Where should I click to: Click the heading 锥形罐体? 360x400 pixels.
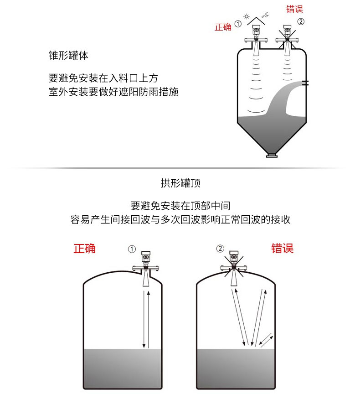pos(68,55)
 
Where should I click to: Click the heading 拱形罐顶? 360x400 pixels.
pos(180,183)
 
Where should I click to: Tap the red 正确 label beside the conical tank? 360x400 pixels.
pos(223,27)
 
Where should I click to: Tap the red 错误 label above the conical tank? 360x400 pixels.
pos(294,9)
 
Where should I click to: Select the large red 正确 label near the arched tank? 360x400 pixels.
pos(85,249)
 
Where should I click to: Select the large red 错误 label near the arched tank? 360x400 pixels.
pos(282,248)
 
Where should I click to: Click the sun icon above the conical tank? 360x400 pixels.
pos(246,16)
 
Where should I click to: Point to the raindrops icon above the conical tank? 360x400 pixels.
pos(265,15)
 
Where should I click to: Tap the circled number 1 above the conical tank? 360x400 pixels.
pos(238,24)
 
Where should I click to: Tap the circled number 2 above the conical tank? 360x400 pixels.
pos(301,21)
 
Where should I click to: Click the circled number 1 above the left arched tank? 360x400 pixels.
pos(132,249)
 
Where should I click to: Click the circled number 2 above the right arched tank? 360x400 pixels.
pos(220,249)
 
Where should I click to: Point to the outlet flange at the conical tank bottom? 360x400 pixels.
pos(272,156)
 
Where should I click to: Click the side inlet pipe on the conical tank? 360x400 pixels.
pos(305,83)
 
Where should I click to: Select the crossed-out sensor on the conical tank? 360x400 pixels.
pos(288,38)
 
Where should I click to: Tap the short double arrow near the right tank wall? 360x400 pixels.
pos(266,340)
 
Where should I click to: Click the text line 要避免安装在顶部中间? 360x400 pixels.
pos(180,206)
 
